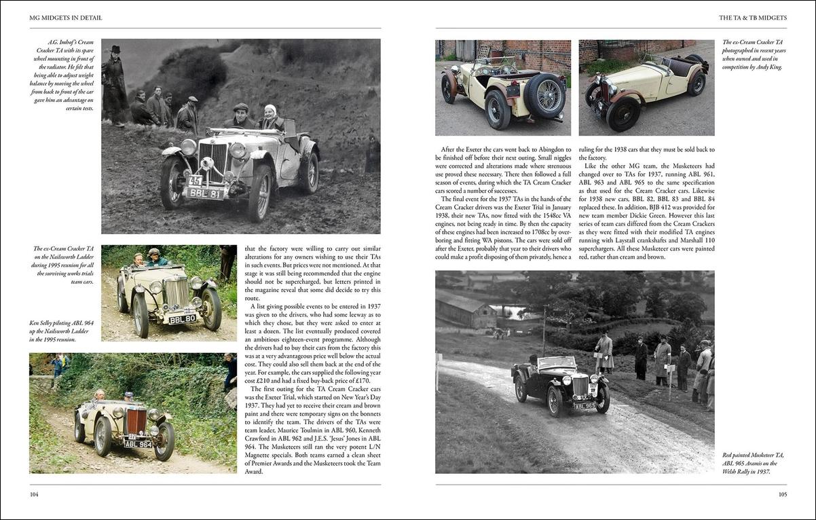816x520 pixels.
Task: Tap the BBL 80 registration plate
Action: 182,319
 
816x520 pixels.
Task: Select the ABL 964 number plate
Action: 138,444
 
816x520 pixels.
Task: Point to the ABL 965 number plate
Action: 585,406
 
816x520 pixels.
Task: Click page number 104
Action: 34,495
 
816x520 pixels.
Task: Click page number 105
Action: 781,495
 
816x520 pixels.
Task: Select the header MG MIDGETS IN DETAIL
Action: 66,18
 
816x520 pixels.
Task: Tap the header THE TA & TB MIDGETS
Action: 753,18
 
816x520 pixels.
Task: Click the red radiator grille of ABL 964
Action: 137,422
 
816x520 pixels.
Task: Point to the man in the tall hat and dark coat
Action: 115,85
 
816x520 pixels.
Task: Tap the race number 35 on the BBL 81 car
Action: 196,181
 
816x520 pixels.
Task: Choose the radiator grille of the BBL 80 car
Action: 177,294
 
